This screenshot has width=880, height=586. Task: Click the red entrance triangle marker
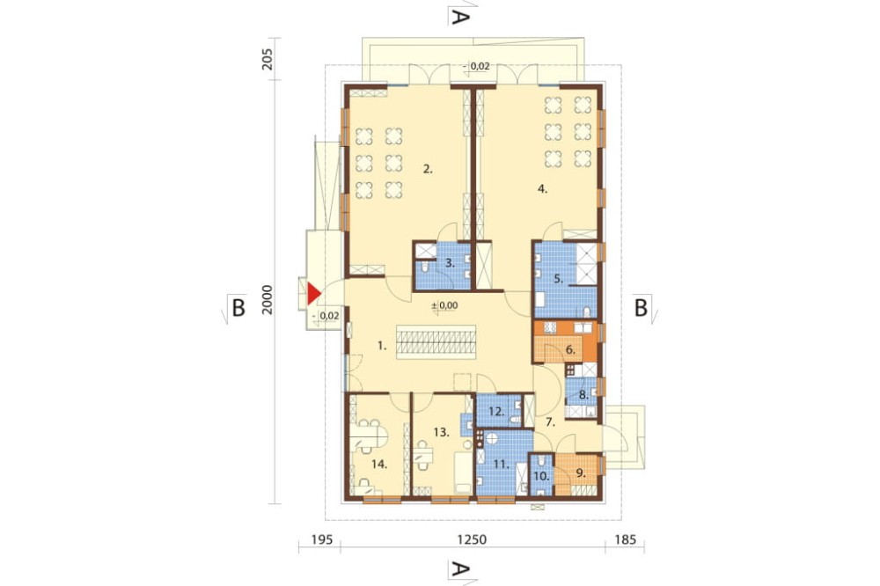point(313,294)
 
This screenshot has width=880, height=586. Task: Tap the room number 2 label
point(429,168)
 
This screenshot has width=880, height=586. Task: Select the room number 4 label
point(542,189)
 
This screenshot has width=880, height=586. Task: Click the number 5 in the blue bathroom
point(559,278)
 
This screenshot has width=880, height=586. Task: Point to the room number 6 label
point(570,349)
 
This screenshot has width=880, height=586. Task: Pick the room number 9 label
point(581,473)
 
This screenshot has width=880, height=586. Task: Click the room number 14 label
point(380,465)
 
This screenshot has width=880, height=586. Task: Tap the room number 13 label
point(442,432)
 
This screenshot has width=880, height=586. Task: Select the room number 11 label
point(502,465)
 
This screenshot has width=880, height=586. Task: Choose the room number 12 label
point(496,412)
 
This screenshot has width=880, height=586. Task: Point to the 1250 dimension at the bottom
point(472,540)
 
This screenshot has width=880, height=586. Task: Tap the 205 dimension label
point(268,59)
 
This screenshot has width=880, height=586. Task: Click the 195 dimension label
point(322,540)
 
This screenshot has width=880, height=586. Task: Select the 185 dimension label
point(626,540)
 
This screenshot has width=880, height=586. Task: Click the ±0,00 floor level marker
point(444,305)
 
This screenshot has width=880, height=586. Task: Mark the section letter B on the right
point(641,308)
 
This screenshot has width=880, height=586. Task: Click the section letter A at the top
point(459,18)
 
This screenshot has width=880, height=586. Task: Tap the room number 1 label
point(382,347)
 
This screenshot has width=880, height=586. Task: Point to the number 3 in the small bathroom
point(450,262)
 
